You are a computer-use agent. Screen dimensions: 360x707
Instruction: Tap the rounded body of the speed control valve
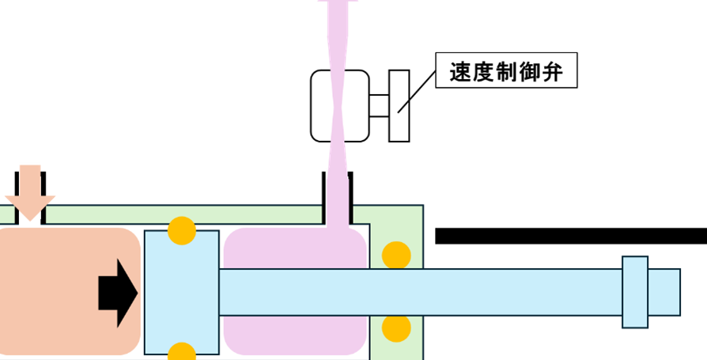tap(324, 105)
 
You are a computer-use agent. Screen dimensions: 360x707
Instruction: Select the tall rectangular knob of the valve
tap(399, 106)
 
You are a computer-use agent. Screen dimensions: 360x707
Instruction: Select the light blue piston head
tap(181, 292)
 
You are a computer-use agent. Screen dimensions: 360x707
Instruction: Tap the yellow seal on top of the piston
tap(182, 229)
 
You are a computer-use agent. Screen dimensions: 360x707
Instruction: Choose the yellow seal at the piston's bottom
tap(182, 353)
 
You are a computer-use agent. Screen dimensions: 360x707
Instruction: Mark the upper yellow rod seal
tap(395, 255)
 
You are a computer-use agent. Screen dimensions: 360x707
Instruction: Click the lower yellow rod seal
tap(395, 328)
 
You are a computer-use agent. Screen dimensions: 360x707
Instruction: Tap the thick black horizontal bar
tap(569, 236)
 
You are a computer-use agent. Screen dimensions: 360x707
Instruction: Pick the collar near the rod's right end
tap(635, 291)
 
